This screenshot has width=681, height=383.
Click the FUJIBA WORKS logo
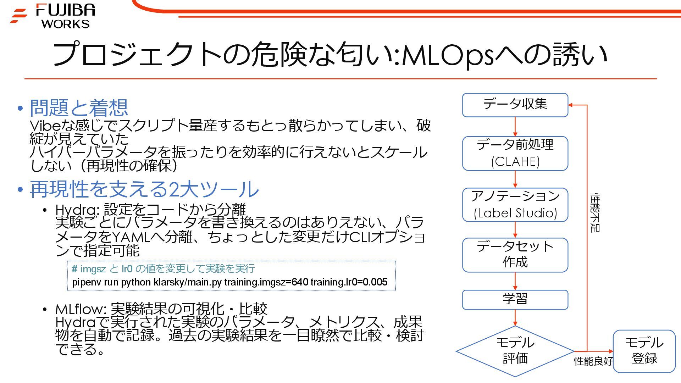[53, 16]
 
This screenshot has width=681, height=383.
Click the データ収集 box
[515, 105]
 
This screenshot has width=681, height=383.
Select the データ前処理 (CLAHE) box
[515, 153]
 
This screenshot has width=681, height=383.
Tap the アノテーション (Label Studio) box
[515, 205]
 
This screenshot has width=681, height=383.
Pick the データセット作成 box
[515, 255]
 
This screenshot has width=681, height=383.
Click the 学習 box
[515, 299]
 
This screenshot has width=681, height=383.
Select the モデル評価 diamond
[515, 351]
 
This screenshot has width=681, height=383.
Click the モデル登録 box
[644, 351]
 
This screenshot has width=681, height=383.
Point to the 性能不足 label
[595, 213]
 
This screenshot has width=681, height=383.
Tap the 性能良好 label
[593, 361]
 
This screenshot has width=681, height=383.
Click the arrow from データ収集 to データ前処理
[515, 127]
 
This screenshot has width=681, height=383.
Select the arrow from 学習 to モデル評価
[515, 318]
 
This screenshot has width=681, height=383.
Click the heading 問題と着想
[79, 108]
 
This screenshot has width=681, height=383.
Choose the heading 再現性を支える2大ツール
[144, 189]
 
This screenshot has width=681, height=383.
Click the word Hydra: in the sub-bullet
[78, 210]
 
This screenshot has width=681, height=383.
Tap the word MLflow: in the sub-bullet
[81, 309]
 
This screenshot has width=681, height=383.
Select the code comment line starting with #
[163, 269]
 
